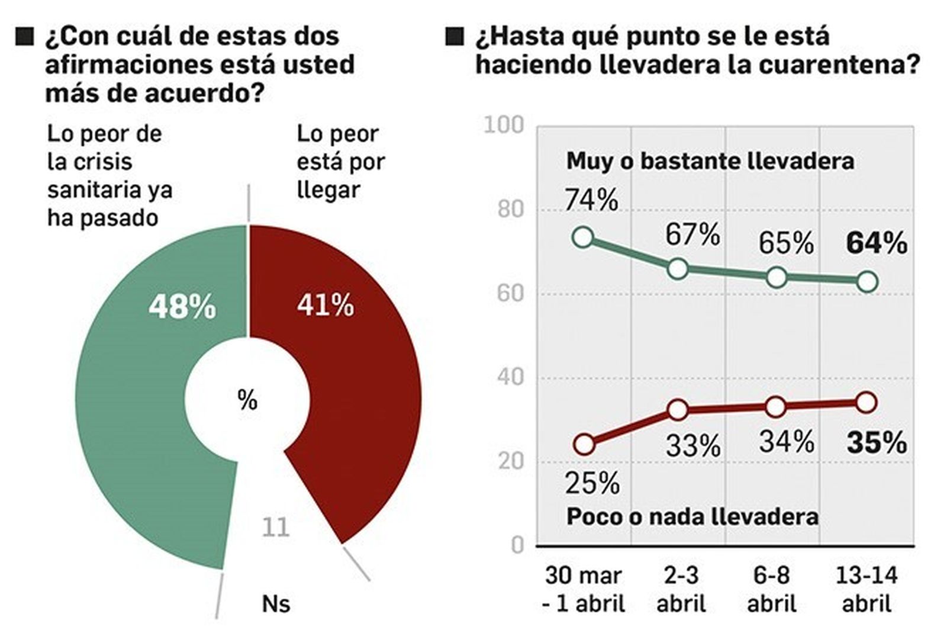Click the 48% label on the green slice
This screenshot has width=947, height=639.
(x=182, y=307)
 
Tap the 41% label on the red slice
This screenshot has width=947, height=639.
(x=325, y=306)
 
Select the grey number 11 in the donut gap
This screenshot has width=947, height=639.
(x=275, y=526)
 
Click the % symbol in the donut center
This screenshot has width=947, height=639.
(x=247, y=400)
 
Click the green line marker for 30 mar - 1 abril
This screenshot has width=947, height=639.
(x=583, y=237)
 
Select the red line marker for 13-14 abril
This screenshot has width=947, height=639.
(x=866, y=403)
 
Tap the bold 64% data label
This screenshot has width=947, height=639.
(x=876, y=243)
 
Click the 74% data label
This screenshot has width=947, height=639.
(x=591, y=200)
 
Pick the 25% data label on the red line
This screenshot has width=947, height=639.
(x=592, y=483)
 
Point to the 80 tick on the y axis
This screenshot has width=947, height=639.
(x=510, y=209)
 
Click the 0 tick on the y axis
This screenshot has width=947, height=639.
(x=517, y=545)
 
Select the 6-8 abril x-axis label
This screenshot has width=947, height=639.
(x=771, y=589)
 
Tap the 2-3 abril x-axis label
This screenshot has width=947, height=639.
(x=681, y=589)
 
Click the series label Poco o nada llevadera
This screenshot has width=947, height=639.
(x=692, y=516)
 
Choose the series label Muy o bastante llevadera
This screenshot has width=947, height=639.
(x=710, y=161)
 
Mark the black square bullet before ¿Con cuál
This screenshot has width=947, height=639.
(x=24, y=37)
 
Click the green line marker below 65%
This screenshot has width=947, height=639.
(x=776, y=277)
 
